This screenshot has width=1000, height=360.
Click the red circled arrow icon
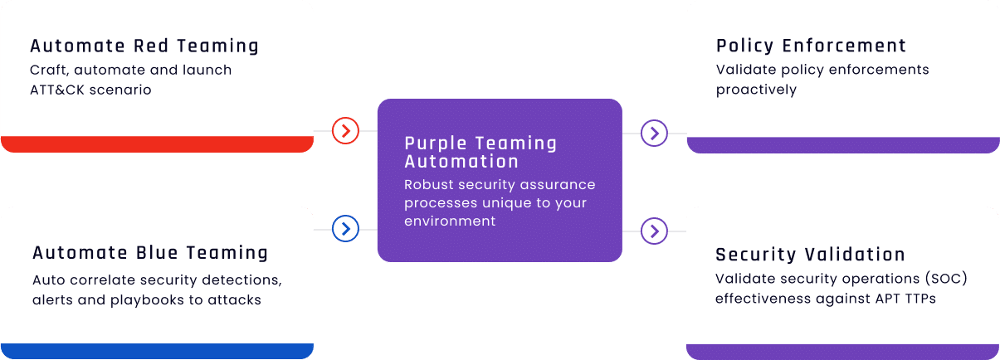point(345,131)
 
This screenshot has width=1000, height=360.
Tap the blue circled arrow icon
point(345,229)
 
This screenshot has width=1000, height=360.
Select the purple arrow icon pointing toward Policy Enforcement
point(655,133)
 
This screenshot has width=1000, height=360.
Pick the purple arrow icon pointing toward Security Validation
point(655,231)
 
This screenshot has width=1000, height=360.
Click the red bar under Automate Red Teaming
point(157,144)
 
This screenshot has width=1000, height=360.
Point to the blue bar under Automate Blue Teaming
point(157,351)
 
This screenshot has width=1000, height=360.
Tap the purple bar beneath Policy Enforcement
point(843,145)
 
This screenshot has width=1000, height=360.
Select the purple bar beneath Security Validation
point(843,352)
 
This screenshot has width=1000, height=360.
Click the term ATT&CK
point(57,90)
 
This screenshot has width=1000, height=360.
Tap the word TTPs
point(920,299)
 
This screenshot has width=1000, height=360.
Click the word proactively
point(756,90)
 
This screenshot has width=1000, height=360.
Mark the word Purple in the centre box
point(436,144)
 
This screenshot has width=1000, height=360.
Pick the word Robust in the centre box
point(428,184)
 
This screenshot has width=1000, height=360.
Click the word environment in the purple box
point(450,221)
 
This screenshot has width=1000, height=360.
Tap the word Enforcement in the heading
point(844,46)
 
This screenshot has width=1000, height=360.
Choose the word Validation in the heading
point(855,255)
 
